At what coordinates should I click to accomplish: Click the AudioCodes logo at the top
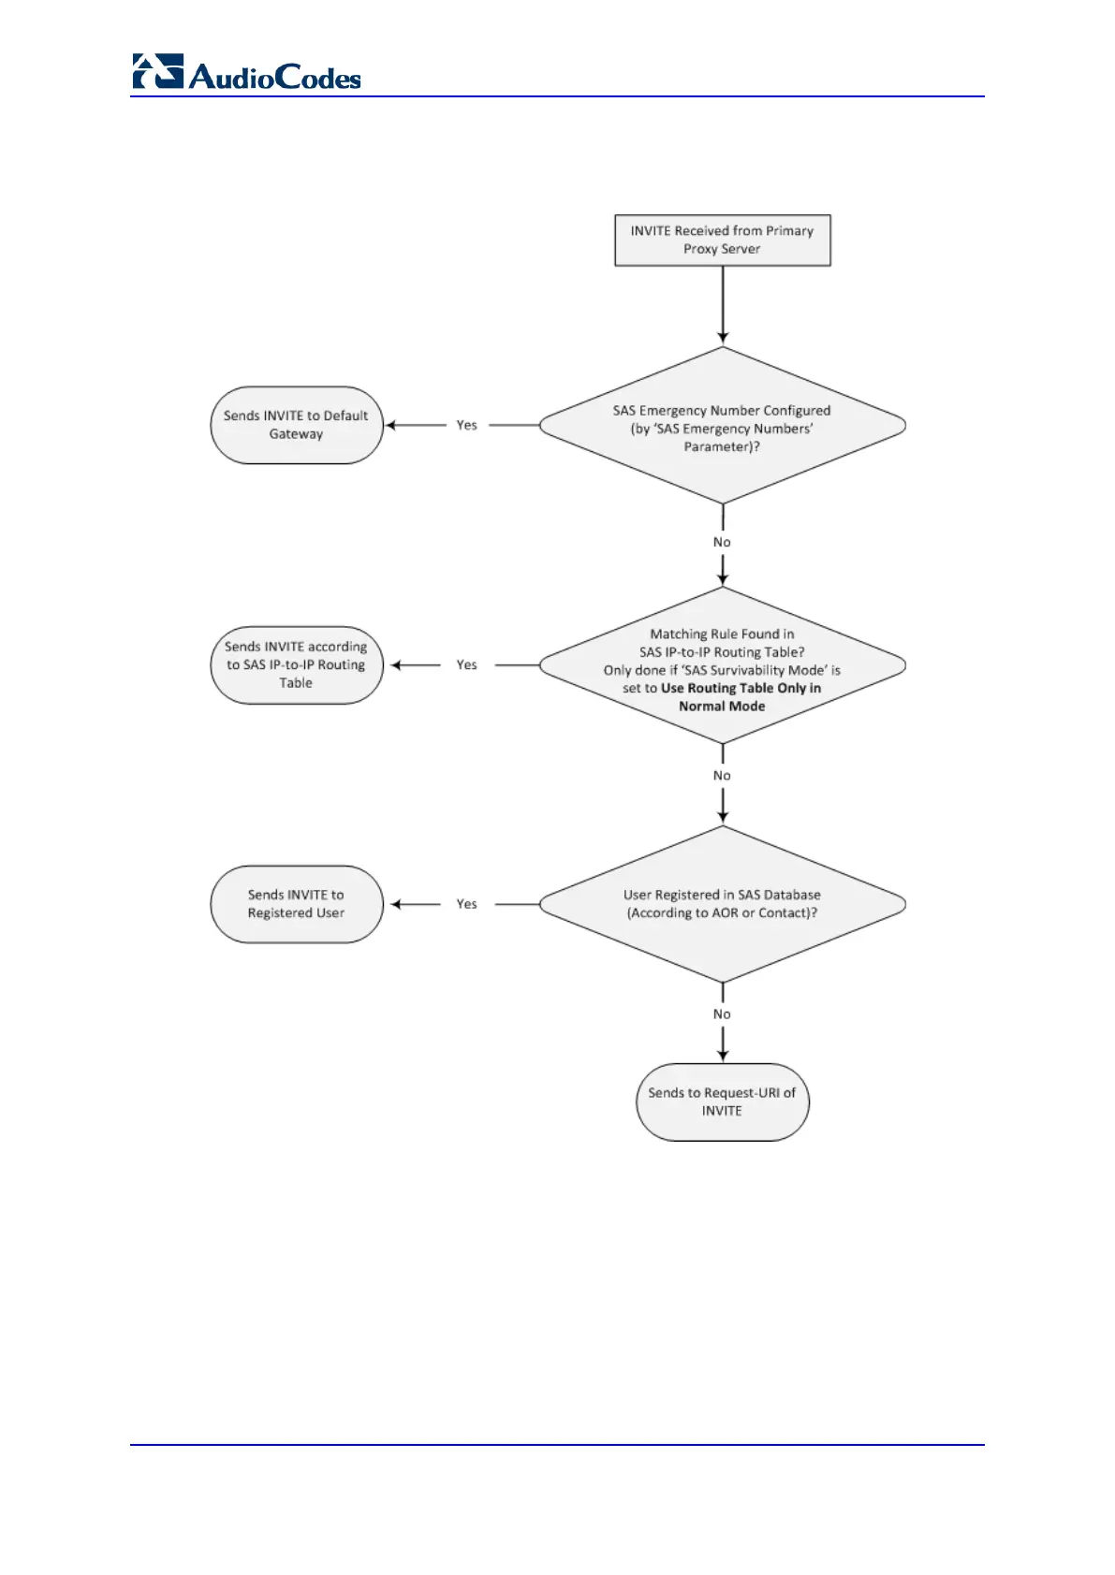[x=246, y=73]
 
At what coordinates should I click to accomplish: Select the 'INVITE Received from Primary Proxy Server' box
[x=722, y=241]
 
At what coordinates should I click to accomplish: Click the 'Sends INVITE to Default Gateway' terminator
[x=296, y=425]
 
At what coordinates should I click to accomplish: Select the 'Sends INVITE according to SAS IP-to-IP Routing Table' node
[x=296, y=665]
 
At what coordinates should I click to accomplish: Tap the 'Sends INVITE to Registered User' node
[x=296, y=904]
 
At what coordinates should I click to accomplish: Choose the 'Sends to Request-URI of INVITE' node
[x=722, y=1101]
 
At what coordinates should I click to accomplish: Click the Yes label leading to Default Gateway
[x=466, y=425]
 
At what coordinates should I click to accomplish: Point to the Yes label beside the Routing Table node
[x=466, y=664]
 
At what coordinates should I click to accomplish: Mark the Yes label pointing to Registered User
[x=466, y=904]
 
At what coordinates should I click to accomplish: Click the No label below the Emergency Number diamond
[x=722, y=542]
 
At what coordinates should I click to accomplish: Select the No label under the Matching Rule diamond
[x=722, y=775]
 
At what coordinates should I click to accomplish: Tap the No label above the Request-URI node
[x=722, y=1014]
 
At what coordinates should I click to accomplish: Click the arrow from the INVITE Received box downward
[x=722, y=304]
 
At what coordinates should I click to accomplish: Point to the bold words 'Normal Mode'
[x=722, y=707]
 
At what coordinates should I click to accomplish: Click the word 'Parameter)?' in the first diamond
[x=722, y=446]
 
